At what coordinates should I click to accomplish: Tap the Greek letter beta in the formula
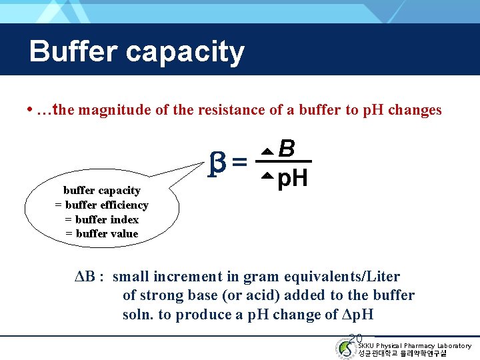(215, 163)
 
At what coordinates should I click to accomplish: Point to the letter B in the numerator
(287, 148)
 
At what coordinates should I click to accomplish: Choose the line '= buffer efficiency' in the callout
(101, 205)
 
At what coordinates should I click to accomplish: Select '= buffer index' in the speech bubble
(101, 219)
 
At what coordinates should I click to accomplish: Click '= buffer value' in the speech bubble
(101, 233)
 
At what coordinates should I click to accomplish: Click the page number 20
(355, 339)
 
